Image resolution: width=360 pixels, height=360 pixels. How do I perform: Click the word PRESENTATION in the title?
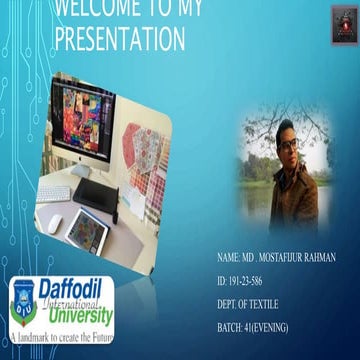(x=119, y=39)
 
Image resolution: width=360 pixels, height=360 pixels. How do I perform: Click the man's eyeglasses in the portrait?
(x=289, y=143)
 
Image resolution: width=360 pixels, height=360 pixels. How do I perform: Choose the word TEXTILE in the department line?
(x=262, y=304)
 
